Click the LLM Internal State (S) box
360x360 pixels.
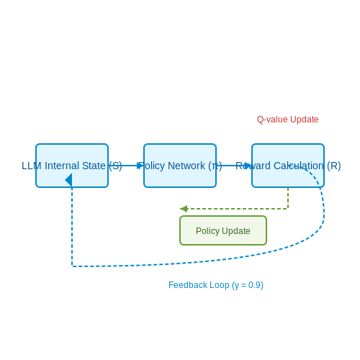72,166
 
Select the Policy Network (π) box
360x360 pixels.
180,166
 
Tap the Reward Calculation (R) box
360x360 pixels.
288,166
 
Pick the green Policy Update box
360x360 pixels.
223,230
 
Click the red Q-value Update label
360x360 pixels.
288,120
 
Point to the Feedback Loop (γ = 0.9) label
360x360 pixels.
216,285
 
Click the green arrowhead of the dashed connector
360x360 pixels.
184,209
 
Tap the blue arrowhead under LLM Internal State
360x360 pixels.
68,180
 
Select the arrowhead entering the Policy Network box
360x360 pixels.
140,166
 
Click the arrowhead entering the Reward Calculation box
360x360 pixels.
248,166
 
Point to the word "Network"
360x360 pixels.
186,166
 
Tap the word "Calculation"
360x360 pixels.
299,166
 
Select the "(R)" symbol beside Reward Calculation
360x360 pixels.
334,166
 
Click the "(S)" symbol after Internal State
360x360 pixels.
115,166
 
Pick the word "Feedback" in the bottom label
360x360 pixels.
188,285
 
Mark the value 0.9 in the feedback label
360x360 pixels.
254,285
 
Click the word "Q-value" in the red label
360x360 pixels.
272,120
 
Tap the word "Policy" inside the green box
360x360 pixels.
207,231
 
